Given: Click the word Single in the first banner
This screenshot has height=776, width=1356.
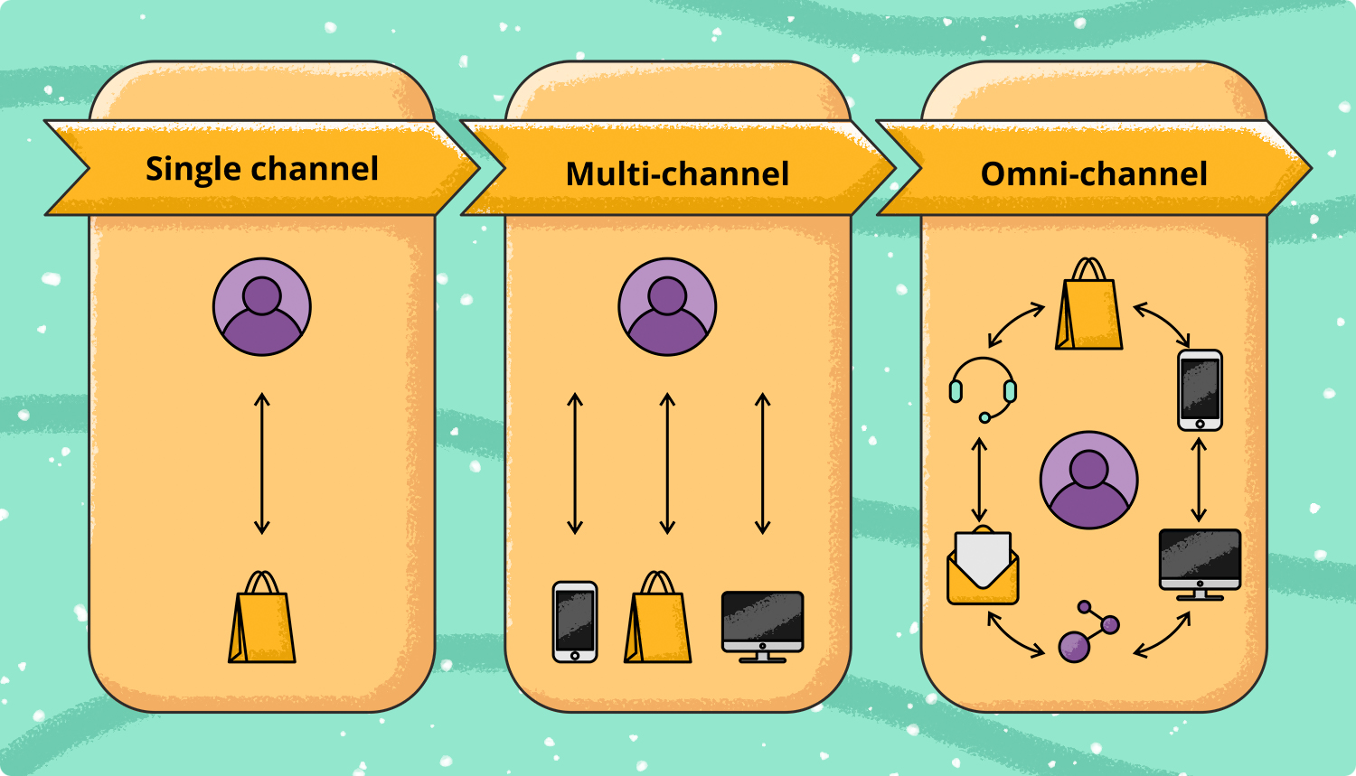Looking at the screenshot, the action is tap(193, 170).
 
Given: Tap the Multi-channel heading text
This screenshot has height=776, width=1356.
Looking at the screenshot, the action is tap(677, 174).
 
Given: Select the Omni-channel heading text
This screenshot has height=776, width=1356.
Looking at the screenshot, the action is tap(1094, 174).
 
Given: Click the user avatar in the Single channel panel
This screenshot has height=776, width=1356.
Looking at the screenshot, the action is tap(262, 306).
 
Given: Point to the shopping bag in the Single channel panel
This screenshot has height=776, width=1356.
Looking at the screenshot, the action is tap(262, 617).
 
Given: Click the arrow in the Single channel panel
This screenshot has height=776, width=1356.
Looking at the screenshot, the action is tap(262, 463).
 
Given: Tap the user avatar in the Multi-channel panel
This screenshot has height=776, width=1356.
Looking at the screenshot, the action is tap(667, 306).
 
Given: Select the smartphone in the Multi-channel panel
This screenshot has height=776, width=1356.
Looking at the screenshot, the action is tap(575, 622).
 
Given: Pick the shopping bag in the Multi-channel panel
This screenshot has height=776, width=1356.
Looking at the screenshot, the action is tap(657, 617).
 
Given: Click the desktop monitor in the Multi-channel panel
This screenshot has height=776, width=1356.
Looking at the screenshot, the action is tap(763, 627).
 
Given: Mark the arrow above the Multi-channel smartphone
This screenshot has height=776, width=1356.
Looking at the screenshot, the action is tap(575, 463).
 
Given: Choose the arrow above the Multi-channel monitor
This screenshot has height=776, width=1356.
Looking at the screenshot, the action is tap(763, 463).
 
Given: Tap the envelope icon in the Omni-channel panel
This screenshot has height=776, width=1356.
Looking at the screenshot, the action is tap(984, 565).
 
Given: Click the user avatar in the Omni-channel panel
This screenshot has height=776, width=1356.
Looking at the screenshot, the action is tap(1089, 481).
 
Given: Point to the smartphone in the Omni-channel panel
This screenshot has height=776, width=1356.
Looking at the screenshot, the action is tap(1200, 390).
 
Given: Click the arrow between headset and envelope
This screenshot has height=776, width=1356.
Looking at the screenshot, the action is tap(979, 480).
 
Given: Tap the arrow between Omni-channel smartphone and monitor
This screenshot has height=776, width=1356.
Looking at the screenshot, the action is tap(1199, 480).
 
